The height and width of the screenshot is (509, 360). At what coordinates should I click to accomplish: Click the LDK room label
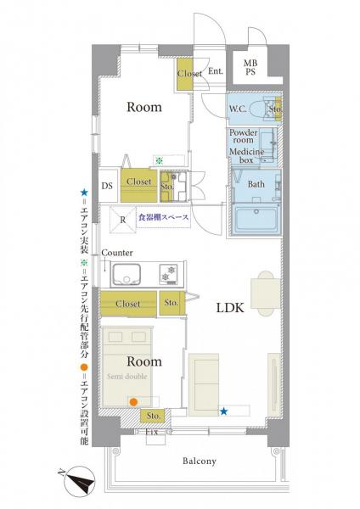click(230, 308)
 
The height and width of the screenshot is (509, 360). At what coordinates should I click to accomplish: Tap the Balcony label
click(200, 461)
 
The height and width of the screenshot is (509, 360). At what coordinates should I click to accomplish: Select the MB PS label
click(250, 68)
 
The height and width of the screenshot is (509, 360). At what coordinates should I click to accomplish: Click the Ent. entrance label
click(216, 71)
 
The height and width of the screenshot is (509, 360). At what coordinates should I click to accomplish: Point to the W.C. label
click(238, 109)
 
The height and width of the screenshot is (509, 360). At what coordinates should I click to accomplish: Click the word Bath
click(256, 184)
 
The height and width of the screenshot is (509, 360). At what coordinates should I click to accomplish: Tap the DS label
click(107, 186)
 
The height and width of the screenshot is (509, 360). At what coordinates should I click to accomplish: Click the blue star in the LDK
click(223, 411)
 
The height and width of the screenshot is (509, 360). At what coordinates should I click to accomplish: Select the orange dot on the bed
click(133, 402)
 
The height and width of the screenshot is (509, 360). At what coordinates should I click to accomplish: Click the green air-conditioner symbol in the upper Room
click(159, 160)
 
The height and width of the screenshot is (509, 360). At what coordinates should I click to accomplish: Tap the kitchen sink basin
click(126, 274)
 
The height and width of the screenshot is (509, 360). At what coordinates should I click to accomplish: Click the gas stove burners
click(169, 273)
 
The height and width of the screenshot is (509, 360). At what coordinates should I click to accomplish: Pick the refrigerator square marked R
click(123, 220)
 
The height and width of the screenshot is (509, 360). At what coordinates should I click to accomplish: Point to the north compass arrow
click(79, 483)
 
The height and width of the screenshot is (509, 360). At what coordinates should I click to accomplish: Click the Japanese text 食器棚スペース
click(163, 217)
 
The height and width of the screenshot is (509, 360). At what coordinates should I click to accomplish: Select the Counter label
click(117, 253)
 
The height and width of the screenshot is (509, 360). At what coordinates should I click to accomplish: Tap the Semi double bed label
click(127, 377)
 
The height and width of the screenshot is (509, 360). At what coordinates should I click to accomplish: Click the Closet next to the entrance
click(185, 74)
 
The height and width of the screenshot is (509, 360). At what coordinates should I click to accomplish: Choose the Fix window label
click(152, 432)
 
